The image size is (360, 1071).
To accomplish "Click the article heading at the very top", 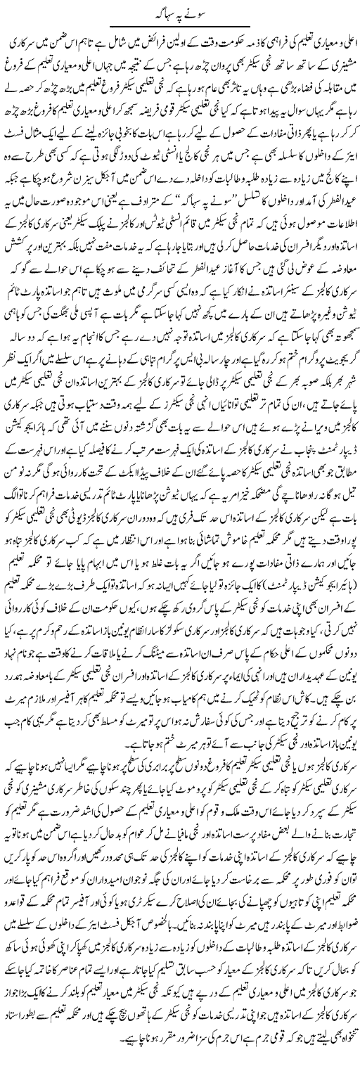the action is [180, 13].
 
